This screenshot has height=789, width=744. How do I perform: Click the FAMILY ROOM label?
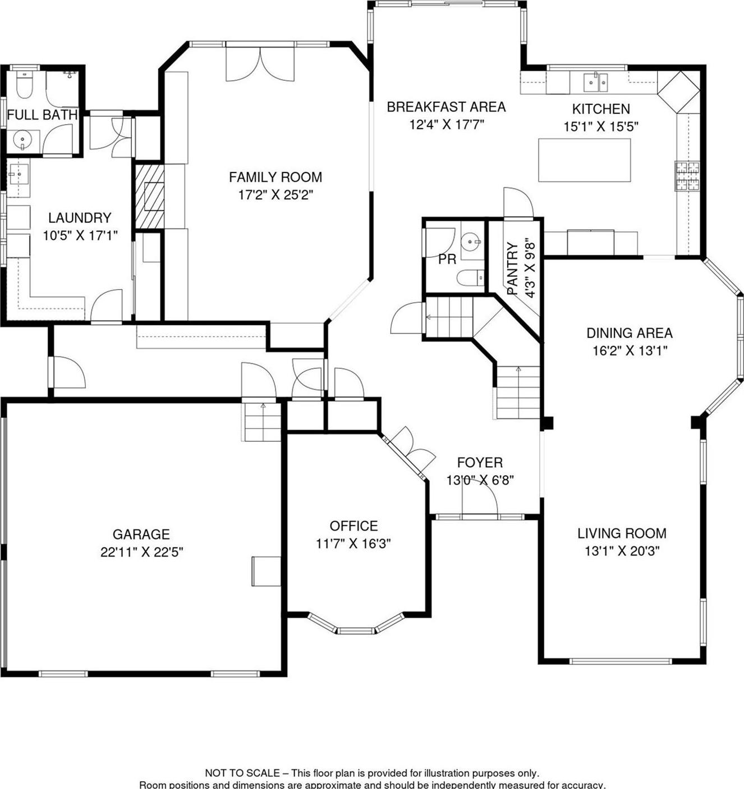[x=275, y=177]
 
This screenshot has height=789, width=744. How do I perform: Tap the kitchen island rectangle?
[x=584, y=160]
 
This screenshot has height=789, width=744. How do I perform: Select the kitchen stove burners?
[x=687, y=176]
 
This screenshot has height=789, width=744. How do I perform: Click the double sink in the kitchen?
[x=595, y=83]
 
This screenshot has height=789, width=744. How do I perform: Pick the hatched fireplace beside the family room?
[x=149, y=196]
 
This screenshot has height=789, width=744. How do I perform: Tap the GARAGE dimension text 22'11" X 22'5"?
[x=142, y=552]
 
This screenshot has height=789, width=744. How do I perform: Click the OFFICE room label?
[x=353, y=526]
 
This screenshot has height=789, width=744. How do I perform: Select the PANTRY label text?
[x=512, y=268]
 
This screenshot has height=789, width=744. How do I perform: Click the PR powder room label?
[x=447, y=260]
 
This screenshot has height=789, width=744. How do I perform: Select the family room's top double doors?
[x=260, y=65]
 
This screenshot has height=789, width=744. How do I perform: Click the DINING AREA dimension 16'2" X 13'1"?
[x=630, y=351]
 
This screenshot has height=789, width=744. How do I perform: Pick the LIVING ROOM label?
[x=622, y=533]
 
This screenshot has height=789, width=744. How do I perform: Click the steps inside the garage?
[x=262, y=422]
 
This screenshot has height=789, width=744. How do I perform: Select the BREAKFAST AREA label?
[x=446, y=107]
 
